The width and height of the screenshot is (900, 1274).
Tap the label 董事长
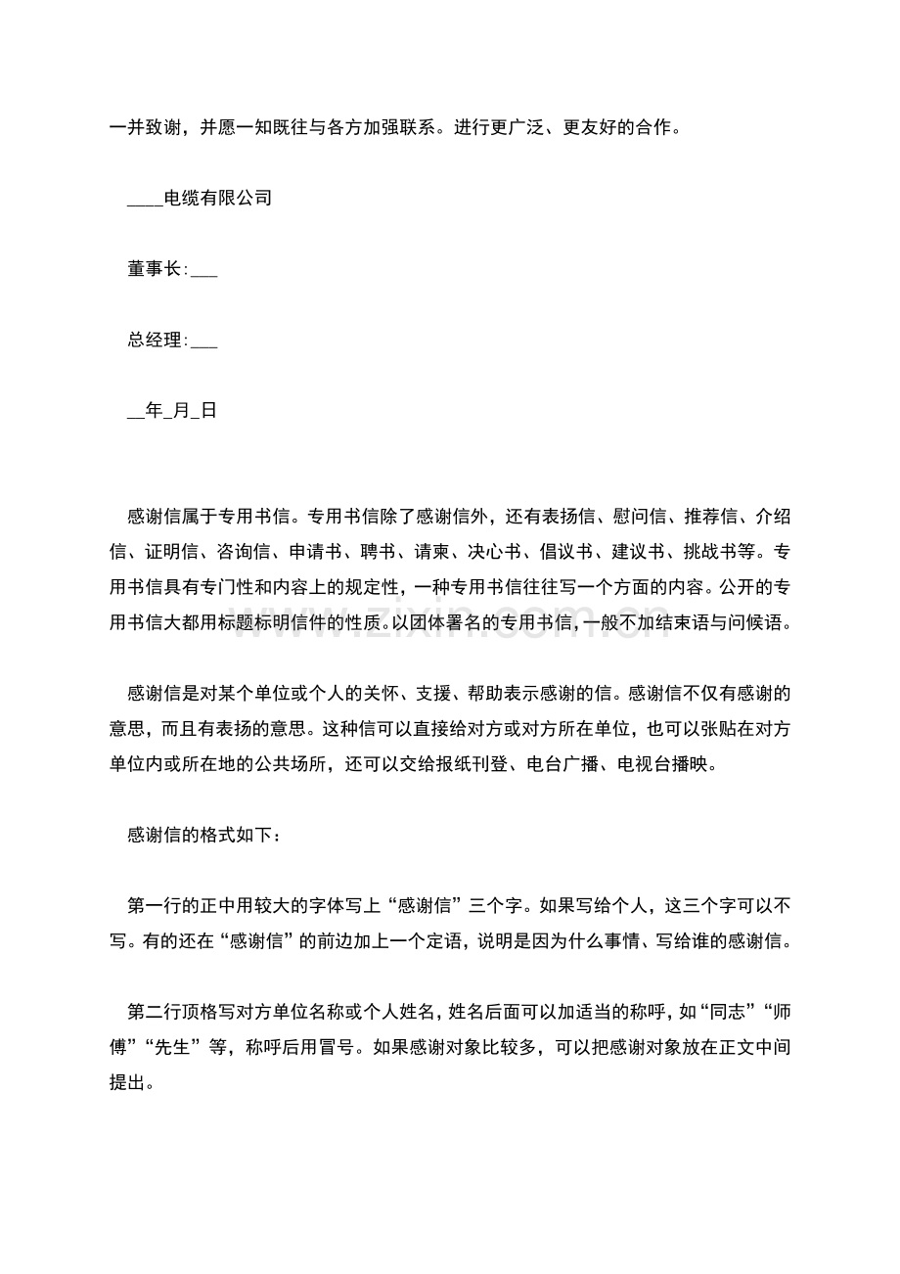point(155,269)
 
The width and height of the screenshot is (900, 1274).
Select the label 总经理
point(155,341)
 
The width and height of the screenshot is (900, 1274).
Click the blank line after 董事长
point(203,273)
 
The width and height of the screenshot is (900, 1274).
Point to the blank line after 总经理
point(203,344)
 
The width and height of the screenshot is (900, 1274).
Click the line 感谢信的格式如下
point(205,836)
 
